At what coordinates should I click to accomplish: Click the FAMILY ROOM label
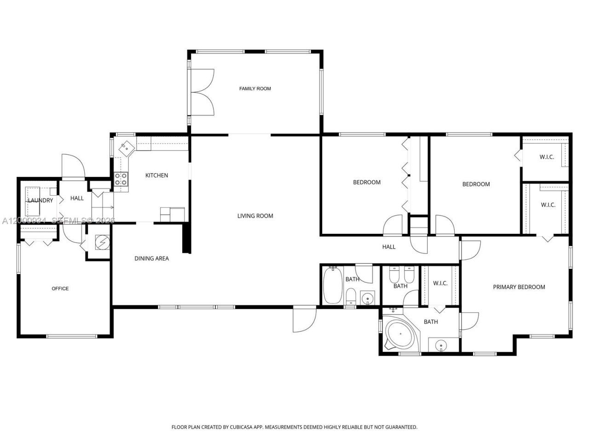coord(255,88)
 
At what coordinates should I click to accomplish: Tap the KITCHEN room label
coord(156,175)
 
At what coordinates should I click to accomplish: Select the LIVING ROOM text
coord(255,216)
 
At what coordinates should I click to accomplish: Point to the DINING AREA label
coord(151,259)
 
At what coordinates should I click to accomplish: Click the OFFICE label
coord(60,289)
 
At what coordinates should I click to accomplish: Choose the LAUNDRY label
coord(40,200)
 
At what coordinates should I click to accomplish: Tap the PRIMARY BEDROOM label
coord(519,287)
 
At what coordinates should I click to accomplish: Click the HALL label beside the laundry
coord(77,198)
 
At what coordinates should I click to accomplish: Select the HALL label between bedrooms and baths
coord(389,247)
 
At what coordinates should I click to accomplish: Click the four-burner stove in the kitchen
coord(121,179)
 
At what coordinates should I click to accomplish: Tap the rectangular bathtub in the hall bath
coord(332,285)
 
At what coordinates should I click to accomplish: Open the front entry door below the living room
coord(304,319)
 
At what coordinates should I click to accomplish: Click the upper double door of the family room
coord(202,79)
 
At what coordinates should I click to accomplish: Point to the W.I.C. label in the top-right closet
coord(547,157)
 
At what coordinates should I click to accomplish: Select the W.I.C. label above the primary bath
coord(440,283)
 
